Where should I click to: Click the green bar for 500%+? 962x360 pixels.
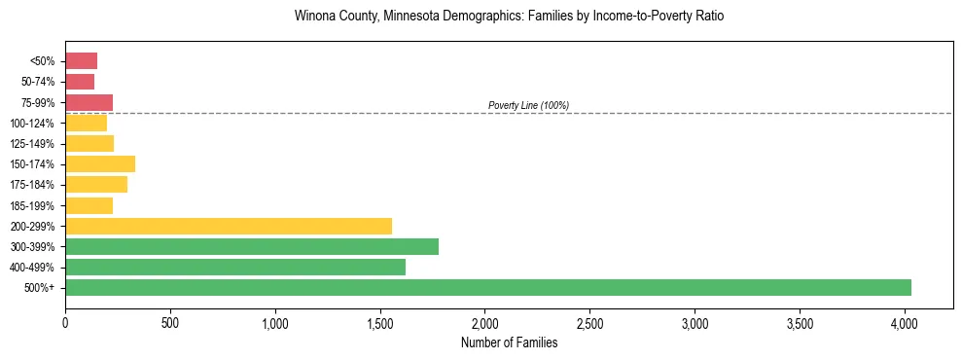coord(488,287)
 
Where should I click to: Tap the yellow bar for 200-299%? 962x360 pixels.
coord(229,226)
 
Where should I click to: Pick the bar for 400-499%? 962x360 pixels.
coord(235,267)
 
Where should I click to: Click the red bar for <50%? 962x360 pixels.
coord(81,61)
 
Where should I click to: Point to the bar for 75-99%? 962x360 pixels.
coord(89,102)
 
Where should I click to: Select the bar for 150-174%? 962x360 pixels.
coord(100,163)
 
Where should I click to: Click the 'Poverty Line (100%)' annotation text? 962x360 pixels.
coord(528,105)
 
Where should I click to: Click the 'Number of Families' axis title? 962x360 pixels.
coord(509,342)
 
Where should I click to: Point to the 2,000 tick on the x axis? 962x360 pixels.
coord(485,321)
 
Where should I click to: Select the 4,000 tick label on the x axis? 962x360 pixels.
coord(905,321)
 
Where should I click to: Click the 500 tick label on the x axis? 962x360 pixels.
coord(170,321)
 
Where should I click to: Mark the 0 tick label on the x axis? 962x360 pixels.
coord(65,321)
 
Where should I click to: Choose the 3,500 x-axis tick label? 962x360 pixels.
coord(800,321)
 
